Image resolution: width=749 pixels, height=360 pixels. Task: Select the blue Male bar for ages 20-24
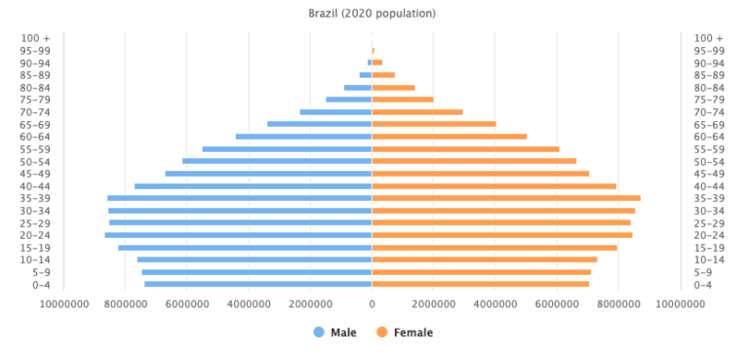point(238,235)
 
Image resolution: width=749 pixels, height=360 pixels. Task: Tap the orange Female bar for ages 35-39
point(506,198)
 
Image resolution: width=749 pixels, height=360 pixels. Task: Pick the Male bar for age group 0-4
point(257,284)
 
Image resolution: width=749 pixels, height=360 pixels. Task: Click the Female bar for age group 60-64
point(449,137)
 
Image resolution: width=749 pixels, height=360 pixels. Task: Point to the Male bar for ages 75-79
point(348,100)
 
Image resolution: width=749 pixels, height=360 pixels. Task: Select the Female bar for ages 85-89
point(383,75)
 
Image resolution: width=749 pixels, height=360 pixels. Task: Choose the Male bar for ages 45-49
point(268,174)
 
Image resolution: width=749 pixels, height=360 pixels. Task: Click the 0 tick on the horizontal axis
point(372,304)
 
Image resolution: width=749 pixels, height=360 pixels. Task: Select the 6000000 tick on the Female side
point(557,304)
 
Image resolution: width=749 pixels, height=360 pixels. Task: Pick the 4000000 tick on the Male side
point(249,304)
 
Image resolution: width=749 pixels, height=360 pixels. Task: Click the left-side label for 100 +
point(36,38)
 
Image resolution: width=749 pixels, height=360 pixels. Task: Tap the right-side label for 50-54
point(708,161)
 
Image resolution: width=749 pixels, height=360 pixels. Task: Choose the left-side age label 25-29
point(36,222)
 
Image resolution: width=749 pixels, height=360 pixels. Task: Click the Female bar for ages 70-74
point(417,112)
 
